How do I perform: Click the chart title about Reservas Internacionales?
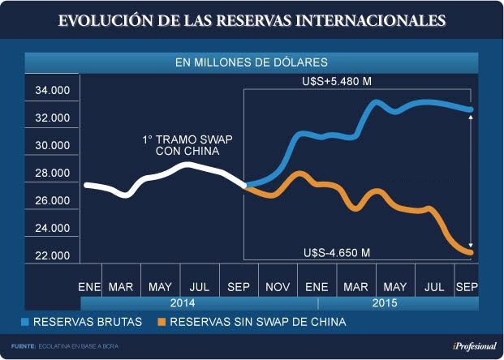click(252, 19)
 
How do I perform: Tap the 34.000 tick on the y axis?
click(53, 91)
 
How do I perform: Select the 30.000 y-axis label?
click(53, 146)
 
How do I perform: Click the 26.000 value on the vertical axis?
click(53, 201)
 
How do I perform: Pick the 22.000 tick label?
click(53, 256)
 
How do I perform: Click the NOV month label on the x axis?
click(278, 287)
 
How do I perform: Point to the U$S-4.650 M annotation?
click(336, 252)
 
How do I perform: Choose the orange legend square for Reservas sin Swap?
click(162, 323)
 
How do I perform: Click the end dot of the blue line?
click(471, 109)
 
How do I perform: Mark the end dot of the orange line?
click(471, 253)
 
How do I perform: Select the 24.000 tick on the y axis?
click(53, 229)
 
